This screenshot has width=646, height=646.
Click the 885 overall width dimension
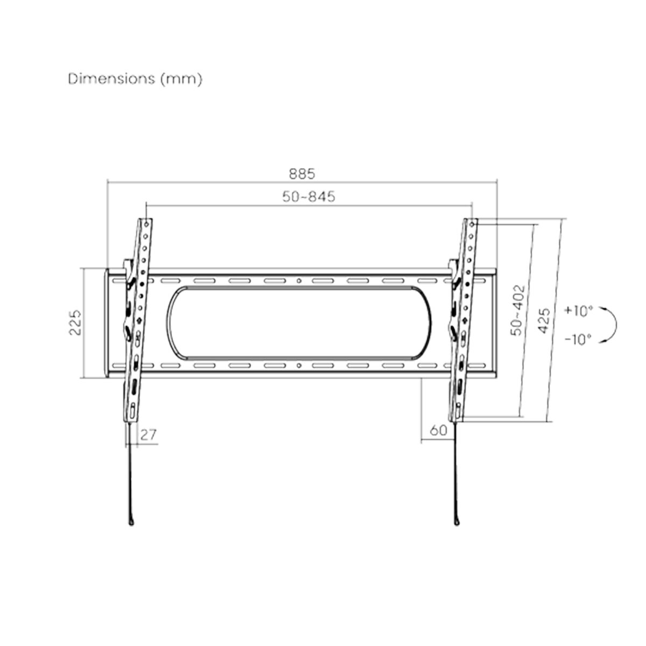pos(301,174)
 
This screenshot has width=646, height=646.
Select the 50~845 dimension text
pos(308,196)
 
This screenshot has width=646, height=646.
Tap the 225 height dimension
pos(75,322)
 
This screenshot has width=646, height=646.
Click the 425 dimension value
pos(544,321)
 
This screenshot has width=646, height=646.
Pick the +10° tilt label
pos(578,311)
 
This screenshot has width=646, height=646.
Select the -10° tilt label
pos(578,339)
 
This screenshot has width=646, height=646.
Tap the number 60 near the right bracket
pos(439,431)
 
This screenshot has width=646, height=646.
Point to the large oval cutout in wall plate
pos(299,323)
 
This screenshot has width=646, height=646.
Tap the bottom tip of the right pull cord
pos(457,521)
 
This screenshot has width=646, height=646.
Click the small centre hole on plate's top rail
pos(299,280)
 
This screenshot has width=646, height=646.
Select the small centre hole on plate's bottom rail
pos(299,367)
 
